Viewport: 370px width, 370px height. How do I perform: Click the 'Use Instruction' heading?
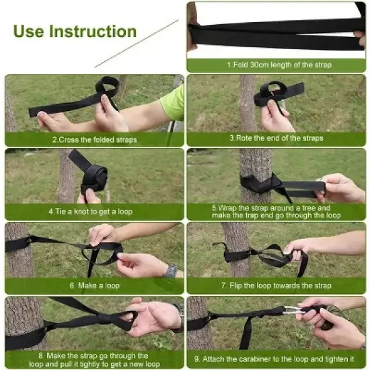(75, 31)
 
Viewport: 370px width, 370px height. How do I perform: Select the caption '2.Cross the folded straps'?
(94, 139)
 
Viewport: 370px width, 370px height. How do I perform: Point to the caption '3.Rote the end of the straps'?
(276, 138)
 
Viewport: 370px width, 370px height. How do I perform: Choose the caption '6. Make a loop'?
(94, 285)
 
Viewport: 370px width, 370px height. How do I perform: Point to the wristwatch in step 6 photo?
(172, 270)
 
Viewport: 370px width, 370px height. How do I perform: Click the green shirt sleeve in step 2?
(173, 104)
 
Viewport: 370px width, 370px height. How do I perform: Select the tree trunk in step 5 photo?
(255, 165)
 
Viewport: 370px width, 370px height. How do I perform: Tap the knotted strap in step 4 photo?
(93, 176)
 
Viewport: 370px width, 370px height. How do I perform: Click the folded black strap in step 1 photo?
(276, 32)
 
